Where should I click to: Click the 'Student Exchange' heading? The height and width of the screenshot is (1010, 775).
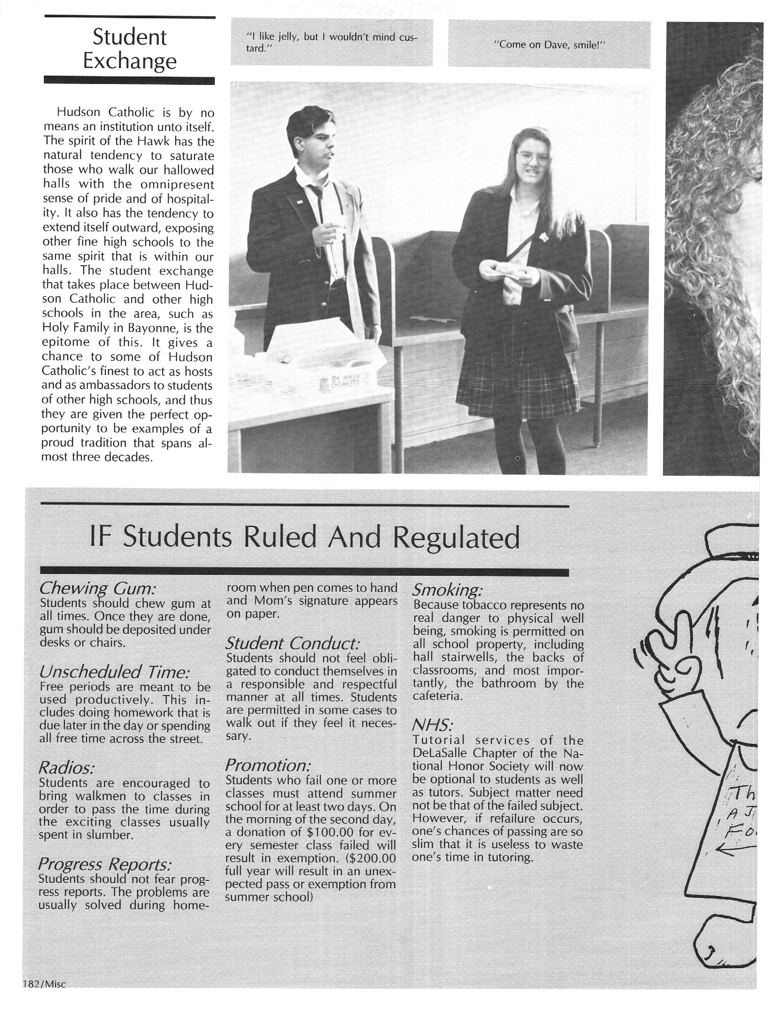pyautogui.click(x=129, y=49)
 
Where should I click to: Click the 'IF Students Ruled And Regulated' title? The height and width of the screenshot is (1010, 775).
pyautogui.click(x=304, y=538)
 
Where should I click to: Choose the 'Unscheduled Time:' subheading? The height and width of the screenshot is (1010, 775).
pyautogui.click(x=115, y=673)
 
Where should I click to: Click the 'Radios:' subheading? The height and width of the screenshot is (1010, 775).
pyautogui.click(x=66, y=768)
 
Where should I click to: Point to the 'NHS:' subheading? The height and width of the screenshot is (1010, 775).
pyautogui.click(x=432, y=726)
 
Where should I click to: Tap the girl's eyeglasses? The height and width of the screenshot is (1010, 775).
pyautogui.click(x=533, y=159)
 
